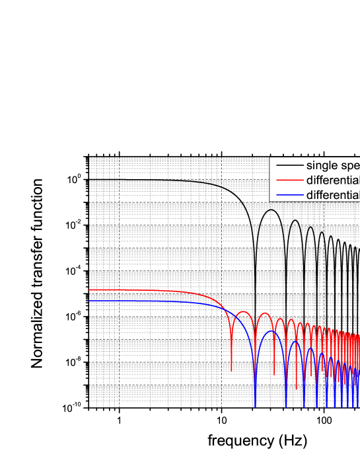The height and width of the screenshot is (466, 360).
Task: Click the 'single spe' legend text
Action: [x=332, y=165]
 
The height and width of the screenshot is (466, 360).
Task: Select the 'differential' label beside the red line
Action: [x=332, y=180]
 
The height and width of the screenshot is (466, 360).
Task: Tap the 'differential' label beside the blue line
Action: [x=332, y=194]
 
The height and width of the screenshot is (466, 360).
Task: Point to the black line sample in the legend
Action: [x=289, y=165]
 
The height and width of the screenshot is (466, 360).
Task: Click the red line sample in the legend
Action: [x=289, y=180]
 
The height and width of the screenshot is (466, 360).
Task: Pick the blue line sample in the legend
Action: [x=289, y=194]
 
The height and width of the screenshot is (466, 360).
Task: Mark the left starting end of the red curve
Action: [x=89, y=290]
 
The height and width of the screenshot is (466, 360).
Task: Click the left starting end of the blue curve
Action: [x=89, y=301]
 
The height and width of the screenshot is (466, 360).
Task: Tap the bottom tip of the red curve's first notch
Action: [x=232, y=370]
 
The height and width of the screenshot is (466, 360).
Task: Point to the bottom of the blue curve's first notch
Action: [x=255, y=407]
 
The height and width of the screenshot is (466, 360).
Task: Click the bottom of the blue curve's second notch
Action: [x=285, y=407]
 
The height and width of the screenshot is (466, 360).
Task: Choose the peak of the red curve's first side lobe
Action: [x=244, y=311]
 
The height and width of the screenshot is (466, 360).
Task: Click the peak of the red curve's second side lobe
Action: [x=265, y=314]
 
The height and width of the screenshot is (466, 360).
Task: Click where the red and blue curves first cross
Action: [x=225, y=311]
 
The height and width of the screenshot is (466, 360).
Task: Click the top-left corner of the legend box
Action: [x=270, y=157]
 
